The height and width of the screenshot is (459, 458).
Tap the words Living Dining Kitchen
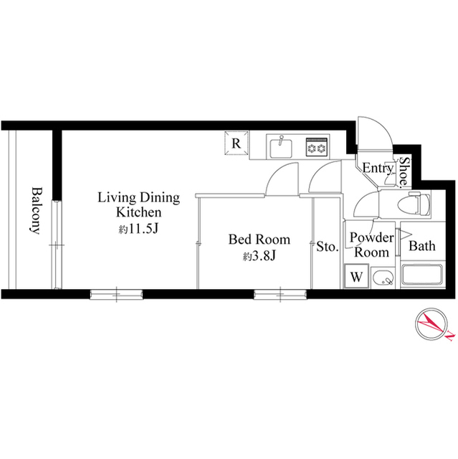[x=138, y=205]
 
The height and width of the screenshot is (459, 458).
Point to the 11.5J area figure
[x=139, y=230]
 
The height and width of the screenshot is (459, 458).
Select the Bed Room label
[x=259, y=239]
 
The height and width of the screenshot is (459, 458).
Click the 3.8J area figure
[x=259, y=256]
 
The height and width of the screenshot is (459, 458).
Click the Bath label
[x=421, y=246]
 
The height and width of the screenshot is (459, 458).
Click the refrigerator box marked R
[x=236, y=143]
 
